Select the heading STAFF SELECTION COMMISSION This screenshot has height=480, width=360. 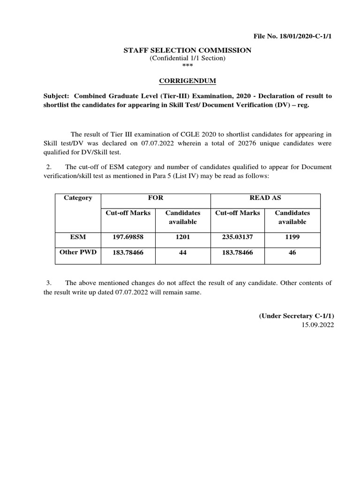coord(187,50)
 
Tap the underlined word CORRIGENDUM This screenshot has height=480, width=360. coord(187,81)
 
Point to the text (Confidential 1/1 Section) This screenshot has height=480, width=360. coord(187,58)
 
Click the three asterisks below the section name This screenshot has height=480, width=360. coord(187,66)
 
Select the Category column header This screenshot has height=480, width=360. coord(78,198)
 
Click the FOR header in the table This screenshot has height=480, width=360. coord(156,198)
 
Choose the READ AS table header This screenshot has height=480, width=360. coord(265,198)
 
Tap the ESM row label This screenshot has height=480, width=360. coord(78,237)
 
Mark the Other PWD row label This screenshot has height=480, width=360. coord(78,252)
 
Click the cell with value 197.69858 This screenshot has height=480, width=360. coord(128,237)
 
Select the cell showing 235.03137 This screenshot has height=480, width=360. coord(237,237)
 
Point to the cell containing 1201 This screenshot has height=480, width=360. coord(182,237)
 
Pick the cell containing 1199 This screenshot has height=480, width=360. coord(292,237)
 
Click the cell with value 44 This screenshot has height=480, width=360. coord(182,253)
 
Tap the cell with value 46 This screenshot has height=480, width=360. coord(292,253)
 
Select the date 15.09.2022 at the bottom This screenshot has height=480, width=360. coord(318,325)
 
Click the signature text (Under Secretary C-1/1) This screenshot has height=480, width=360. coord(296,316)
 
